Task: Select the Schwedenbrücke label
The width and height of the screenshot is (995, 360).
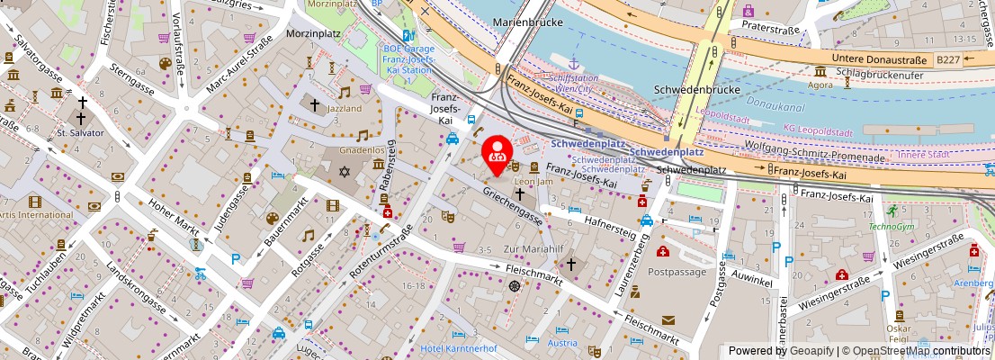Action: (696, 90)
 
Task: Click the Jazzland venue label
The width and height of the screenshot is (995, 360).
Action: (345, 109)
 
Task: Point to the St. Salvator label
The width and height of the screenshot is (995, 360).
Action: (80, 133)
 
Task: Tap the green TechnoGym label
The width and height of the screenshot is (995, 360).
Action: (891, 226)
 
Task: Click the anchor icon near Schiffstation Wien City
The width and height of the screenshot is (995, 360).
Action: (573, 64)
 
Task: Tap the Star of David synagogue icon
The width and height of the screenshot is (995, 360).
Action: (345, 170)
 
